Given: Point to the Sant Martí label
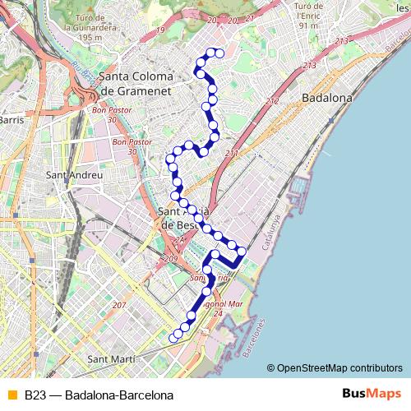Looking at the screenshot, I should click(110, 359).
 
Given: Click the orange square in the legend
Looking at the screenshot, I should click(11, 395).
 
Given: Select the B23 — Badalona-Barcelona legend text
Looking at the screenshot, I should click(99, 395).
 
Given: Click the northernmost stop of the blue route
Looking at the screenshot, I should click(219, 53).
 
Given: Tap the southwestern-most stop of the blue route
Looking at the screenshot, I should click(173, 336).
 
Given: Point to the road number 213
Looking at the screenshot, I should click(309, 64).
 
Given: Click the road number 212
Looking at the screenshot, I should click(273, 102).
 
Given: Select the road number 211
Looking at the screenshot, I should click(231, 154).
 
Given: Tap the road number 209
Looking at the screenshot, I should click(171, 259).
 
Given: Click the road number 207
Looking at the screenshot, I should click(120, 306).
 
